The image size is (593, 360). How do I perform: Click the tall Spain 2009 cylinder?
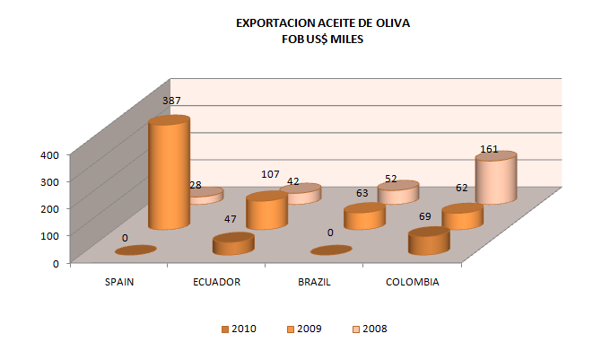[x=169, y=175]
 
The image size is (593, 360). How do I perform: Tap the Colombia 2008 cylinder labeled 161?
[x=495, y=180]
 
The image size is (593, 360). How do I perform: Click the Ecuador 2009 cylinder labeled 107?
[x=266, y=212]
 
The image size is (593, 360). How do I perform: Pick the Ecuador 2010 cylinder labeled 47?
[x=232, y=243]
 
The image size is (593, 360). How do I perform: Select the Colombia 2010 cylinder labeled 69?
[x=428, y=241]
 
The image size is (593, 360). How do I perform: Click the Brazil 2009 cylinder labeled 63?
[x=364, y=216]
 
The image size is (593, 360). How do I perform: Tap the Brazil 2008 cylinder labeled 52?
[x=398, y=192]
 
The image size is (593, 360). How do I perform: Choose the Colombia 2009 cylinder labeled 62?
[x=463, y=217]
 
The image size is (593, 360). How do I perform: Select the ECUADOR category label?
[x=216, y=282]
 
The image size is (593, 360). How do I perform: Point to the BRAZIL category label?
[x=314, y=282]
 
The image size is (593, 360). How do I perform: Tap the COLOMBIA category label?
[x=412, y=282]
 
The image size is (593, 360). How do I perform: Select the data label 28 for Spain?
[x=195, y=186]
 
